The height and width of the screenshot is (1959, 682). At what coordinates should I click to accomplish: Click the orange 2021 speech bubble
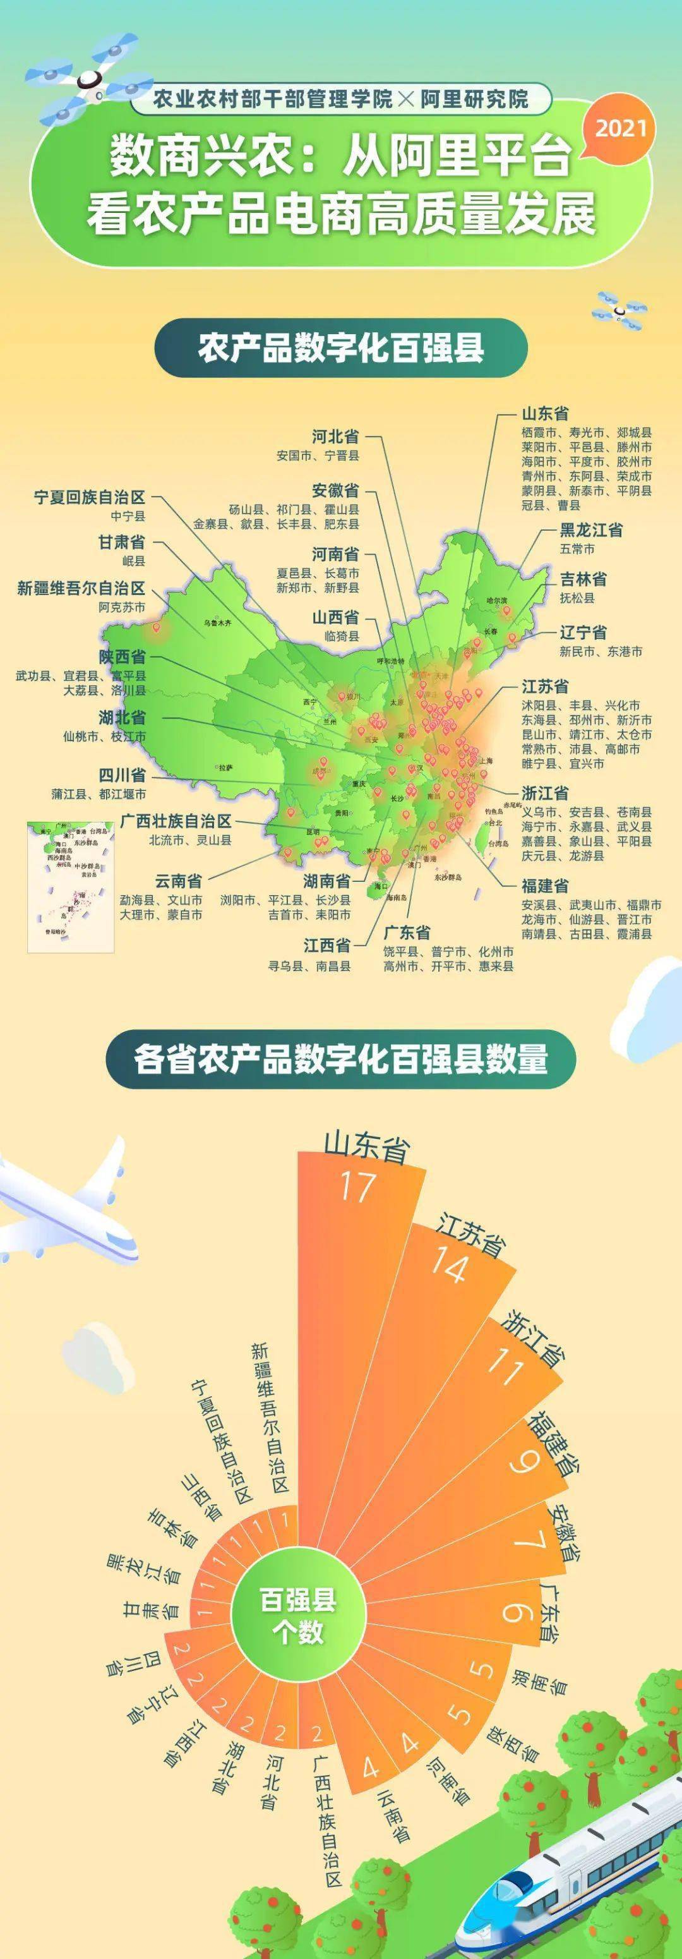pyautogui.click(x=619, y=130)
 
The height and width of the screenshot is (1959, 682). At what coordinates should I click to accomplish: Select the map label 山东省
pyautogui.click(x=545, y=414)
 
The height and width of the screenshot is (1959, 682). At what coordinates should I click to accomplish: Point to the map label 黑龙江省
pyautogui.click(x=592, y=530)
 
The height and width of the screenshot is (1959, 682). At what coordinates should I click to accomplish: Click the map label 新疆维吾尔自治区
pyautogui.click(x=81, y=588)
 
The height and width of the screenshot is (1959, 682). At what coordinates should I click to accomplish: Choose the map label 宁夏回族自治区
pyautogui.click(x=89, y=497)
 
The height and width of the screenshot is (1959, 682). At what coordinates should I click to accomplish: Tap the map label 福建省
pyautogui.click(x=545, y=886)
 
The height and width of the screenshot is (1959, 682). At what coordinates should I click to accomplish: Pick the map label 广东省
pyautogui.click(x=407, y=932)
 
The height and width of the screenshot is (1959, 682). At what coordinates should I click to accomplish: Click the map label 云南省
pyautogui.click(x=179, y=881)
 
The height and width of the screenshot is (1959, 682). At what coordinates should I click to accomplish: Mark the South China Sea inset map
pyautogui.click(x=71, y=886)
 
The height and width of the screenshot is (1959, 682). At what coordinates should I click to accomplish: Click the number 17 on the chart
pyautogui.click(x=357, y=1186)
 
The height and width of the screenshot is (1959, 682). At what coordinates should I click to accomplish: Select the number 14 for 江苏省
pyautogui.click(x=448, y=1265)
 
